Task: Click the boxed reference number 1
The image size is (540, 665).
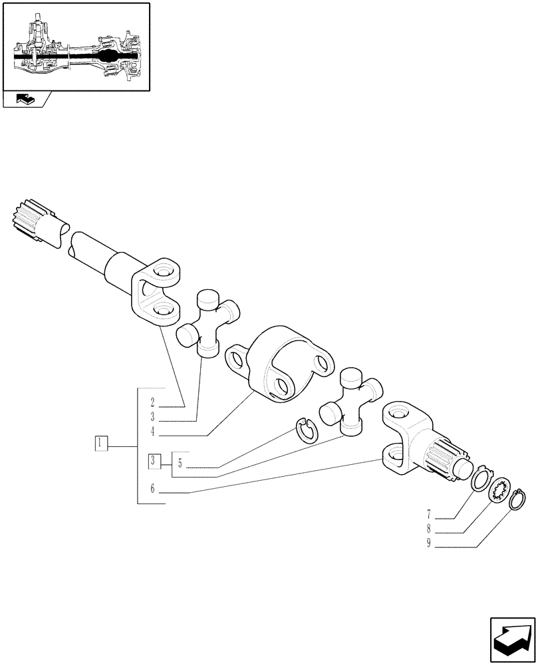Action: [x=101, y=444]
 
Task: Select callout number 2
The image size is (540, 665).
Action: [x=152, y=402]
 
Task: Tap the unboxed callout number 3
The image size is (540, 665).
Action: [x=152, y=418]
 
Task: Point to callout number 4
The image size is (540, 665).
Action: [x=152, y=432]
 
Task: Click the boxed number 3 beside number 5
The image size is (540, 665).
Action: [x=154, y=460]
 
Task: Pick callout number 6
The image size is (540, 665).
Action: [x=152, y=489]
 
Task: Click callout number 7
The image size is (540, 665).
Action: [x=429, y=514]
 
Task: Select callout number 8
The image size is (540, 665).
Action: [x=429, y=529]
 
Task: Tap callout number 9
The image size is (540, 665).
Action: [x=429, y=544]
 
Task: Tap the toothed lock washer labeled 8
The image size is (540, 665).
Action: [x=500, y=491]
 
